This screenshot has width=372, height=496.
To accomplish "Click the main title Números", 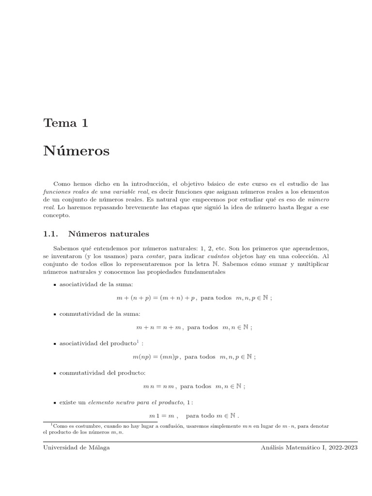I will (x=77, y=151).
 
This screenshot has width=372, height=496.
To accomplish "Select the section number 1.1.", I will (x=50, y=234).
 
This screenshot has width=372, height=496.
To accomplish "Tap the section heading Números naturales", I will (x=109, y=234).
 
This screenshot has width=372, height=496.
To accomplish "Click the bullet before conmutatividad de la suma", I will (x=55, y=314).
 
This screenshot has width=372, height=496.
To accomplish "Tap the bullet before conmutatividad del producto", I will (x=55, y=373).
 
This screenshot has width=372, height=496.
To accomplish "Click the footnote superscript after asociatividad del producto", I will (x=138, y=342).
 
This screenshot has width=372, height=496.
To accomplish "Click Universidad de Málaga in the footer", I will (x=77, y=448).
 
